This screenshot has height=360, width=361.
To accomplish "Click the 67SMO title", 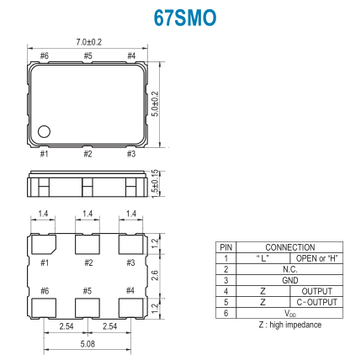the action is point(185,18).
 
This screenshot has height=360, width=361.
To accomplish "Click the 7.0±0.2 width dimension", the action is point(89,42).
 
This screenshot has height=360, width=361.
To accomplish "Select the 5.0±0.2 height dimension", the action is point(155,104).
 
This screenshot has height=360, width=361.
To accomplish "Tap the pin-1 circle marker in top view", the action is point(44,131).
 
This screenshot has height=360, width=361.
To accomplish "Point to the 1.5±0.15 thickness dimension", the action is point(155,184).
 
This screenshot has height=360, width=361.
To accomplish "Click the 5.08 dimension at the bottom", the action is point(88,344).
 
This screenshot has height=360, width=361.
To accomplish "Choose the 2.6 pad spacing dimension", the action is point(155,276).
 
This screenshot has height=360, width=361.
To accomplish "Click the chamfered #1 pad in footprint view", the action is point(44,245).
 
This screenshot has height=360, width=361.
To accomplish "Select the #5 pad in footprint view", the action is point(88,308).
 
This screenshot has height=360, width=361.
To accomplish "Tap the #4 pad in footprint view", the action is point(131,308).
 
